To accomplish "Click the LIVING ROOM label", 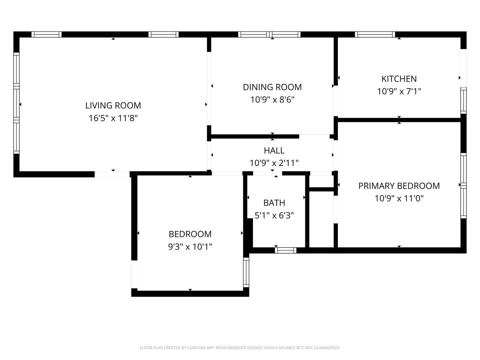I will (113, 105).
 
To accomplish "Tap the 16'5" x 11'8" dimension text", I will (113, 118).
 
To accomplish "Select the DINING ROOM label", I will (272, 87).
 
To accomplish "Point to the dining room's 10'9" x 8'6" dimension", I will (272, 100).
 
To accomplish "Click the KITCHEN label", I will (399, 79).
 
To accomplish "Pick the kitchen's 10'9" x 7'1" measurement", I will (399, 91).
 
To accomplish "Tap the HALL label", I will (274, 150).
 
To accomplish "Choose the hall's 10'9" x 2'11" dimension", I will (274, 163).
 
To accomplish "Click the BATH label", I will (274, 203).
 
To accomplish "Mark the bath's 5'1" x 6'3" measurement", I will (274, 215).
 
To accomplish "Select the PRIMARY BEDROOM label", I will (399, 186).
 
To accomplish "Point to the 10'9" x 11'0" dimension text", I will (399, 198).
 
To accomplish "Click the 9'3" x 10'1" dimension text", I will (190, 247).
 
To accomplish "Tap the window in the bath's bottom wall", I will (286, 250).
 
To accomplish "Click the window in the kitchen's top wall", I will (375, 34).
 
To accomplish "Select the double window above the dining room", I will (269, 34).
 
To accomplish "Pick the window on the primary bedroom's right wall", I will (463, 185).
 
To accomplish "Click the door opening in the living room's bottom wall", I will (112, 174).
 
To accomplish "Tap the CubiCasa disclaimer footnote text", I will (240, 348).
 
